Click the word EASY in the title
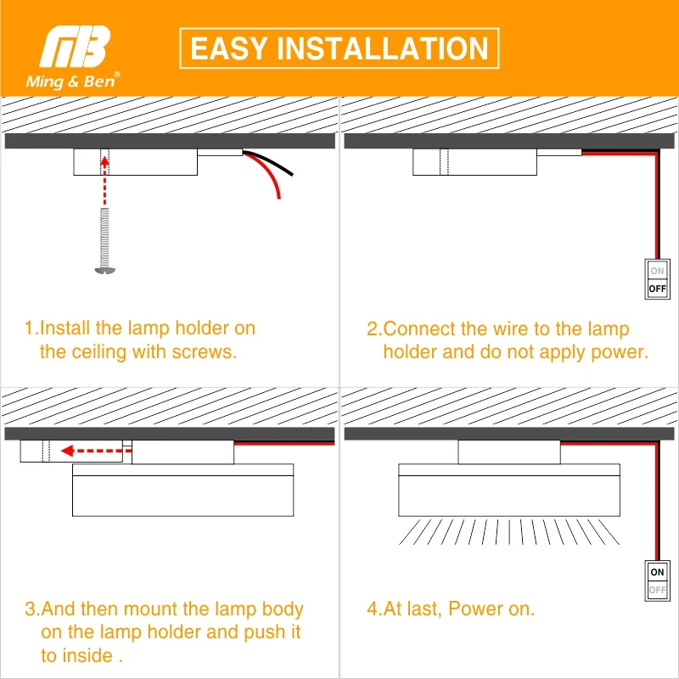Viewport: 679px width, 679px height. click(x=230, y=48)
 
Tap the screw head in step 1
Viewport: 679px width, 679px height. click(x=104, y=270)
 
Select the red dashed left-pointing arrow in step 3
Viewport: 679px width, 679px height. click(x=93, y=452)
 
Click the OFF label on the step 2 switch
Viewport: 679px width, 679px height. click(x=658, y=289)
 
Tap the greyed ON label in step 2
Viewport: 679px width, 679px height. click(x=658, y=272)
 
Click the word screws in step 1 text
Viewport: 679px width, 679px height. click(x=207, y=351)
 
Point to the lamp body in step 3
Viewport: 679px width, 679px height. click(x=182, y=495)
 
